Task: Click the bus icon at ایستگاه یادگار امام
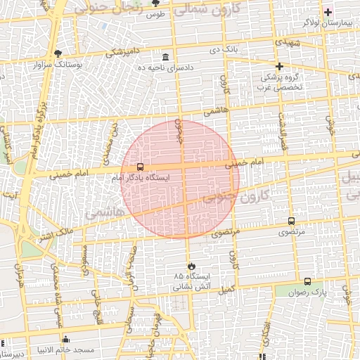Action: [x=141, y=167]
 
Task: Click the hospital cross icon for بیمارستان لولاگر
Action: [x=328, y=12]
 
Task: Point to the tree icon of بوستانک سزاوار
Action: [x=57, y=53]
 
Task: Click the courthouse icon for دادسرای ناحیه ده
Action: [x=165, y=57]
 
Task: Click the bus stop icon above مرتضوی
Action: [x=291, y=221]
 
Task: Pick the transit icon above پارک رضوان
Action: [x=308, y=280]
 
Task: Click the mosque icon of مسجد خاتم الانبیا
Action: [x=66, y=340]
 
